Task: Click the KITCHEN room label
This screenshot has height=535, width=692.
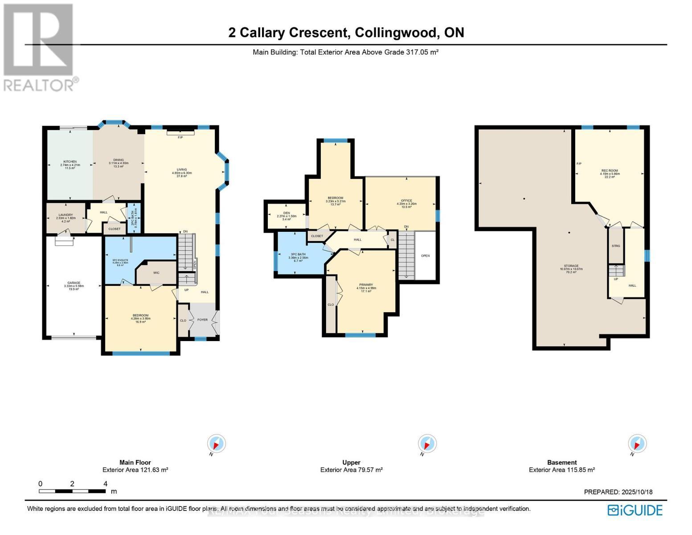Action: point(70,161)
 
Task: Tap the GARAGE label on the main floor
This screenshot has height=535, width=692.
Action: point(74,283)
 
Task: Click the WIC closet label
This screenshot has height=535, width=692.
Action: point(156,273)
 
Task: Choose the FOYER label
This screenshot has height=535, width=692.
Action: point(203,320)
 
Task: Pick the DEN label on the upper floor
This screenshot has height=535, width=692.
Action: point(287,213)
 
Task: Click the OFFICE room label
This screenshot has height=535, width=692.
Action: point(406,201)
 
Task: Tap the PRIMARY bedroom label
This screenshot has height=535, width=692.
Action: point(366,285)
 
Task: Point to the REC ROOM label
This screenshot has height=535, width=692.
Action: point(610,171)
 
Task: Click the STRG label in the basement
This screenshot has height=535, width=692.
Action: point(616,246)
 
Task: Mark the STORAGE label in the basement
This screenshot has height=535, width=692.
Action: point(571,266)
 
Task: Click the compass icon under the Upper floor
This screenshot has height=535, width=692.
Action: point(427,444)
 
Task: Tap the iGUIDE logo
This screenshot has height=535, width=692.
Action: point(635,510)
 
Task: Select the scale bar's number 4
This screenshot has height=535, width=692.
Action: point(106,484)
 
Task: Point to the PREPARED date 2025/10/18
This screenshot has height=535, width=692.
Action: point(636,492)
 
